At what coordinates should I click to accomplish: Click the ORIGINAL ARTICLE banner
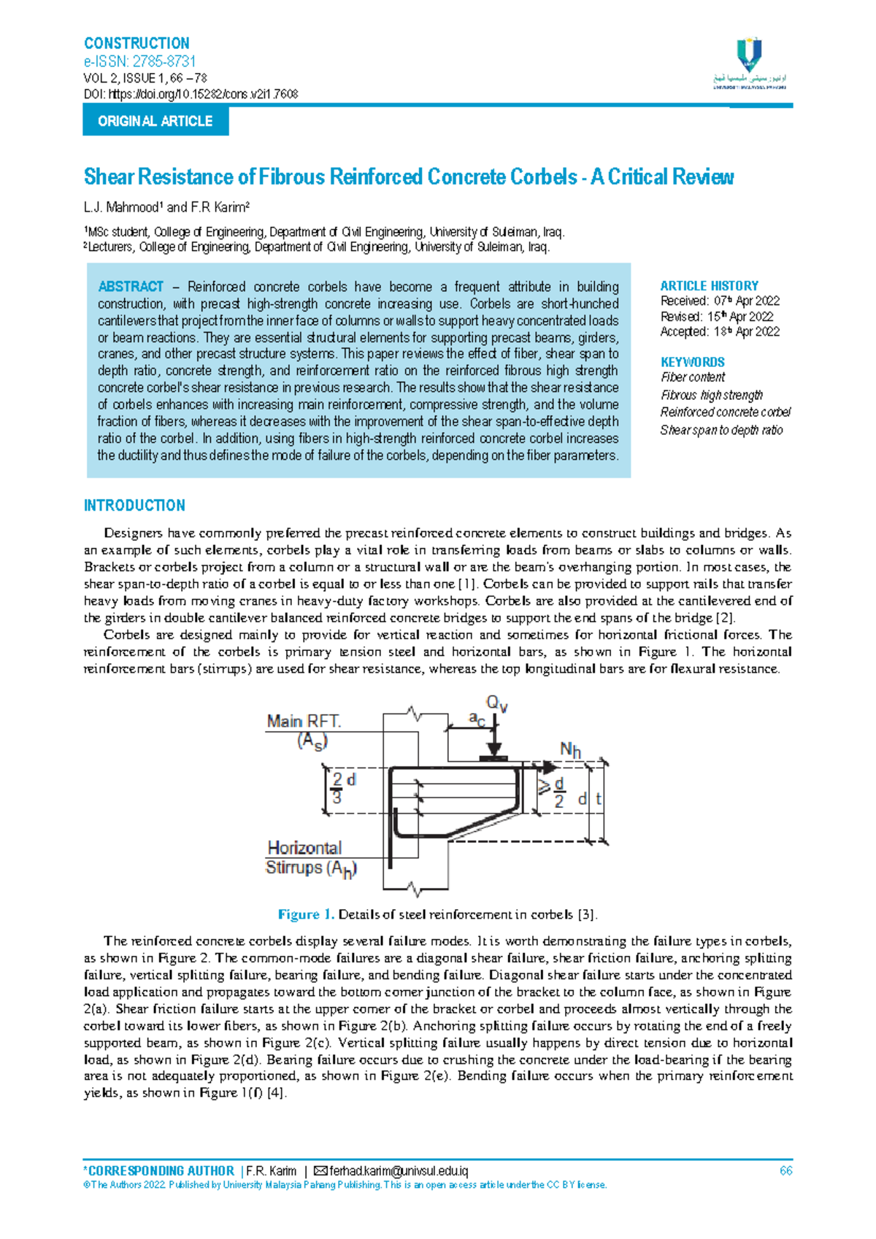tap(155, 121)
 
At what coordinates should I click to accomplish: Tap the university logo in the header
tap(750, 63)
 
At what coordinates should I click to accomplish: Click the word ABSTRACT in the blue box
tap(131, 287)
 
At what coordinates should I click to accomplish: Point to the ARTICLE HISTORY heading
tap(709, 286)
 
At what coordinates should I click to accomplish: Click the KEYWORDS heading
tap(692, 362)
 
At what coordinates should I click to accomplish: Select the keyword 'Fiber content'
tap(692, 377)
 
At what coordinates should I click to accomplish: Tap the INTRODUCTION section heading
tap(134, 506)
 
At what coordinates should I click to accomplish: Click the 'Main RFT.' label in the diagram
tap(304, 722)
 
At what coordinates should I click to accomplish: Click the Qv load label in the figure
tap(496, 704)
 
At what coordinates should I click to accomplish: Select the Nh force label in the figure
tap(570, 750)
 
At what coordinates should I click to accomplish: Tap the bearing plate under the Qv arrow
tap(494, 759)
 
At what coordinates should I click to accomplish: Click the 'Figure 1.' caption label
tap(306, 915)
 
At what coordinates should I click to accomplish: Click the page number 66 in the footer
tap(785, 1171)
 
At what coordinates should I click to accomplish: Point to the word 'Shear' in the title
tap(109, 177)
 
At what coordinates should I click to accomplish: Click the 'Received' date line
tap(720, 301)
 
